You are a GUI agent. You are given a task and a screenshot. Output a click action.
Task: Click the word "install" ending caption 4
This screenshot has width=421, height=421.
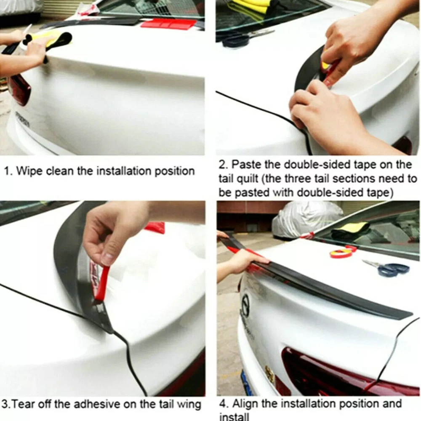pyautogui.click(x=234, y=416)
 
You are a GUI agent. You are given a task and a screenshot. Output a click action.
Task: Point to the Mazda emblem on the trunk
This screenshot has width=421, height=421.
pyautogui.click(x=246, y=305)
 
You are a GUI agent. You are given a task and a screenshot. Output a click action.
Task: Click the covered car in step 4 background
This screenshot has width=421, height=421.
pyautogui.click(x=306, y=219)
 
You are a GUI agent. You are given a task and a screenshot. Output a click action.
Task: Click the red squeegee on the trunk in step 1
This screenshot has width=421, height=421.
pyautogui.click(x=169, y=24)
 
